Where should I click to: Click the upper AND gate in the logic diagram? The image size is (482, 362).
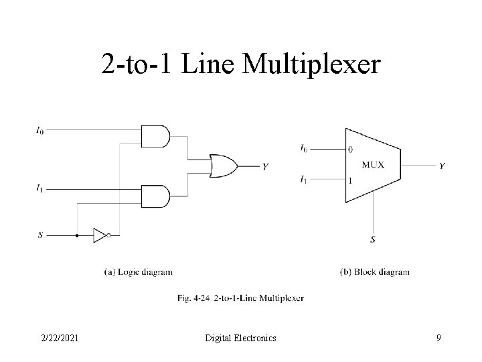155,136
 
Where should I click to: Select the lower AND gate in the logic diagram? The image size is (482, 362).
155,196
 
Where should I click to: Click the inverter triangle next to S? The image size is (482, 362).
100,235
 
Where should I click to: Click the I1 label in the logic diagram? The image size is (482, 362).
40,189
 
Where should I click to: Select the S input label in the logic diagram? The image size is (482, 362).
40,235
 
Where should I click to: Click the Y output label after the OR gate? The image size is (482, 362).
266,166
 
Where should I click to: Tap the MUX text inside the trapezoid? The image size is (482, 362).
373,165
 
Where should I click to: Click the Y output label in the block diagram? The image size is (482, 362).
442,166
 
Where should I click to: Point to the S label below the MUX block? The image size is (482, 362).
373,239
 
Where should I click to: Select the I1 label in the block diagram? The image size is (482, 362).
304,180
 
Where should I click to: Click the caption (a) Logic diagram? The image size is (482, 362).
139,272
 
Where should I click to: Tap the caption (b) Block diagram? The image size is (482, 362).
375,272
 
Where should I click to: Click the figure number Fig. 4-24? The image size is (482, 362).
193,297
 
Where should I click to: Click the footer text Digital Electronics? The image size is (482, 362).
240,339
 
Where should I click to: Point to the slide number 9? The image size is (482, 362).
438,339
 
